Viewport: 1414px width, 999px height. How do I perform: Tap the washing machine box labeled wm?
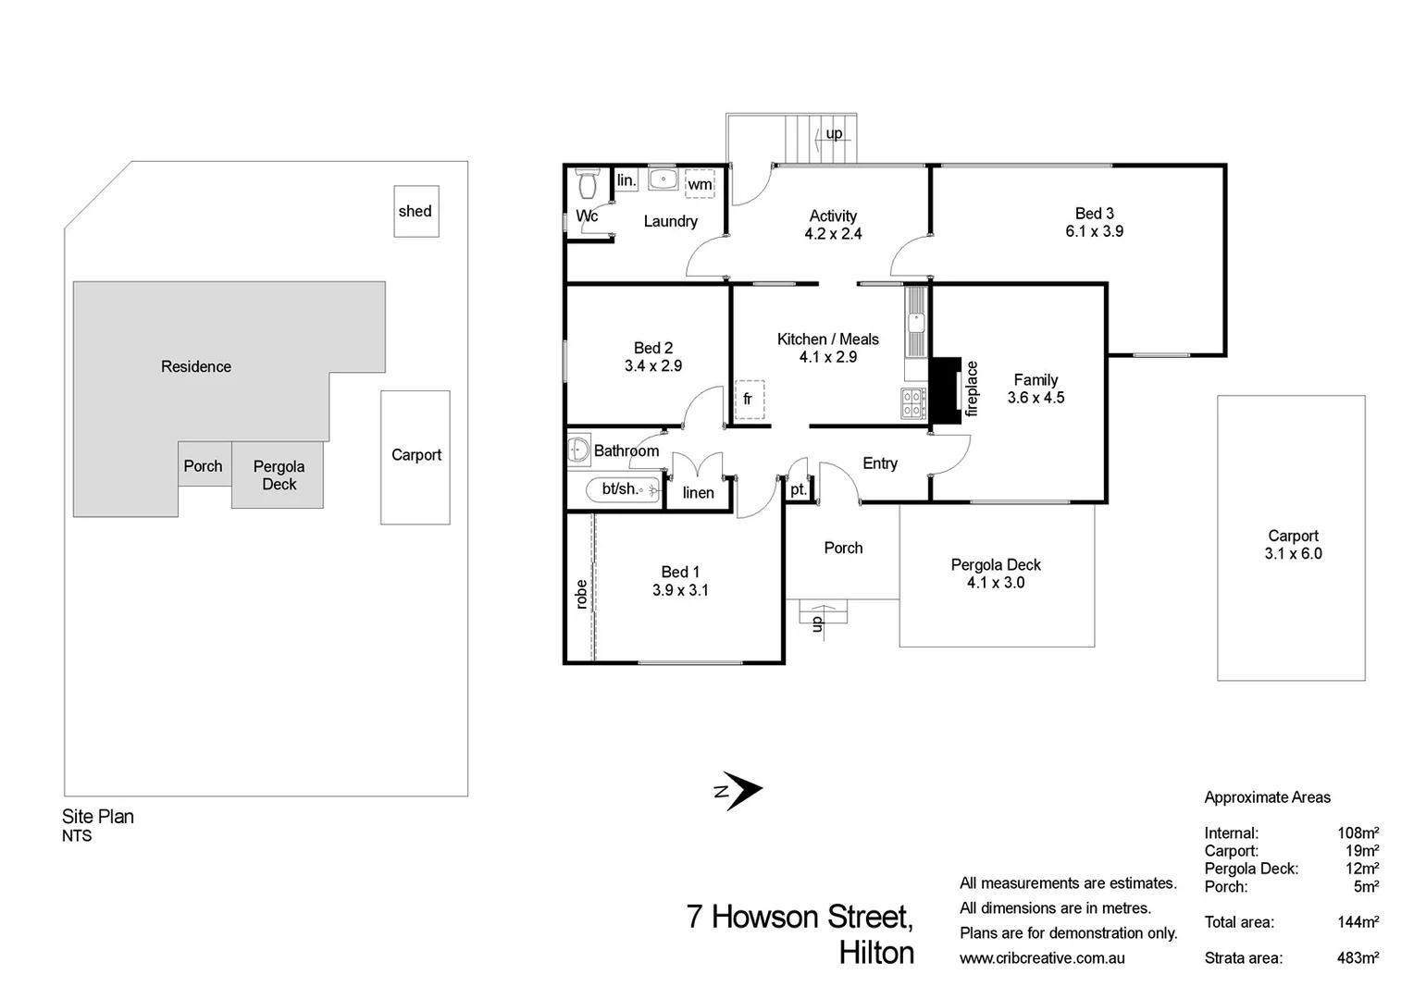(x=700, y=184)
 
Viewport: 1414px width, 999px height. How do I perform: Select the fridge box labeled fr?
(x=749, y=400)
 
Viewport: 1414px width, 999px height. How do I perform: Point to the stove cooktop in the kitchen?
(x=913, y=404)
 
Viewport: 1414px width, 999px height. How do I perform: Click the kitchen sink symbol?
(x=916, y=323)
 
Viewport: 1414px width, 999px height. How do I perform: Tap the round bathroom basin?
(x=579, y=450)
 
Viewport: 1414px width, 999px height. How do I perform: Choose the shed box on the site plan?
(x=416, y=211)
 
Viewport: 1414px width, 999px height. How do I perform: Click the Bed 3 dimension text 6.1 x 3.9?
(x=1094, y=231)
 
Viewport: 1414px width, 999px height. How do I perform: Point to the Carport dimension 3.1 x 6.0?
(x=1293, y=553)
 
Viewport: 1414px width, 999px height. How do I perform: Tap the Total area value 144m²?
(x=1358, y=922)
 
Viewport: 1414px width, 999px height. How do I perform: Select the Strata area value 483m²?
(x=1358, y=958)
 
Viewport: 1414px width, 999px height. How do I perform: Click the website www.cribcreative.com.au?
(x=1042, y=958)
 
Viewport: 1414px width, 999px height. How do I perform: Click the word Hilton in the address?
(x=876, y=953)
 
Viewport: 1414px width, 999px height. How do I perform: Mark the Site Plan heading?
(x=98, y=817)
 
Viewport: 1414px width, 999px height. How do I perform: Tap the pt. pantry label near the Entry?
(x=798, y=490)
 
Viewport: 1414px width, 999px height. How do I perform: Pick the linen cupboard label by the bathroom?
(x=698, y=493)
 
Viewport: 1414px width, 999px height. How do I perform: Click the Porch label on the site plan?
(x=203, y=466)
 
